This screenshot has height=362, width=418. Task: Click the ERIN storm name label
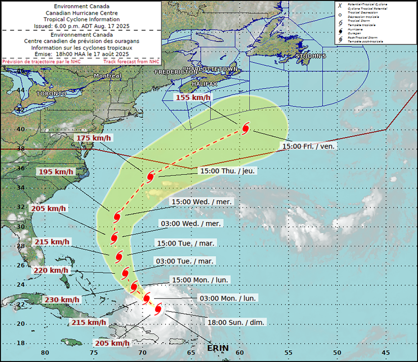[218, 348]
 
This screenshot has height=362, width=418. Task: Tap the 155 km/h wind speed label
[193, 97]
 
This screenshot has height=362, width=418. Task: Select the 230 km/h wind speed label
[62, 300]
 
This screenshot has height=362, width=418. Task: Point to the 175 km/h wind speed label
[94, 138]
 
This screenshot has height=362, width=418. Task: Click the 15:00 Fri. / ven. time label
[308, 146]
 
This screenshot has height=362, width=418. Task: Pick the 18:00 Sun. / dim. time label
[236, 322]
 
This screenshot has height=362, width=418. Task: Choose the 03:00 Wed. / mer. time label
[191, 224]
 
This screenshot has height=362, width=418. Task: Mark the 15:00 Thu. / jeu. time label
[227, 171]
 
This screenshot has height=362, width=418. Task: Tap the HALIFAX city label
[204, 84]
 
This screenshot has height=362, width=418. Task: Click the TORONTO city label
[51, 93]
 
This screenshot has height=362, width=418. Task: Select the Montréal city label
[108, 76]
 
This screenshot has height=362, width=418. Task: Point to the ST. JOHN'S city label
[311, 56]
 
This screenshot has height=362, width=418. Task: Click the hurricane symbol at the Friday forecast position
[246, 128]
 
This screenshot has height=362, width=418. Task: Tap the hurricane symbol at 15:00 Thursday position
[150, 177]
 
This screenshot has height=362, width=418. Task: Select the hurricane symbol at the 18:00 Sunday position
[158, 309]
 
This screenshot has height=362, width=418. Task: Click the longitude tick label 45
[386, 353]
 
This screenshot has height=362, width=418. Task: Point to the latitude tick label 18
[21, 343]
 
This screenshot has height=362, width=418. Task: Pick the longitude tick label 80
[45, 353]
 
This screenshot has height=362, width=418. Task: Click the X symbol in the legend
[340, 6]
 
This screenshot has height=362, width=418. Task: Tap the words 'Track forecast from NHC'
[131, 62]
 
